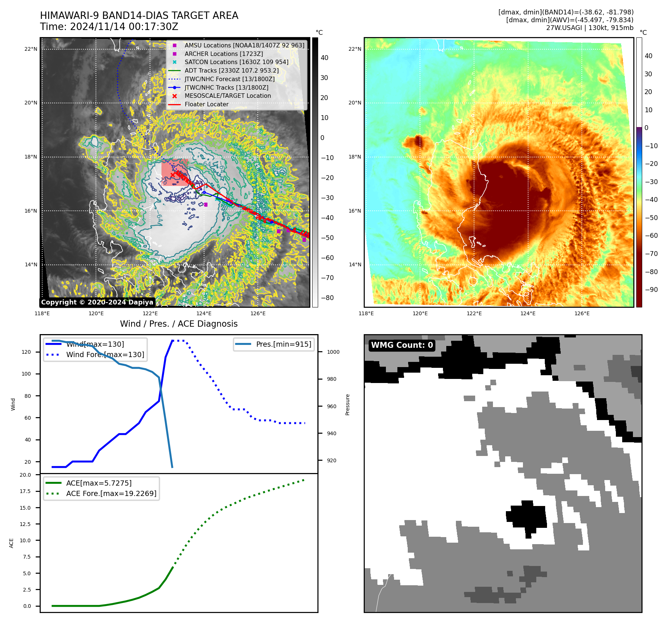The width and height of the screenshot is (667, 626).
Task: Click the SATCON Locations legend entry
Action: pyautogui.click(x=236, y=62)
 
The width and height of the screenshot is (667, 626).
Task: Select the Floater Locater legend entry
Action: pyautogui.click(x=206, y=104)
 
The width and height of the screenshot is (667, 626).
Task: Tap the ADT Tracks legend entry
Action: pyautogui.click(x=231, y=70)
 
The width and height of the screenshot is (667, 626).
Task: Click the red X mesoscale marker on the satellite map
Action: pyautogui.click(x=173, y=175)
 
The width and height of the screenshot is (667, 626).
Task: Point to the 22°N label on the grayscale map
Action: pyautogui.click(x=31, y=49)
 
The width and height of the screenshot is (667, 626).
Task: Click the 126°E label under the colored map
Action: pyautogui.click(x=582, y=313)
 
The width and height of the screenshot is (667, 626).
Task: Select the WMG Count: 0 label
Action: pyautogui.click(x=402, y=345)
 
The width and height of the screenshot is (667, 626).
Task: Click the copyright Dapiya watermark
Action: pyautogui.click(x=97, y=302)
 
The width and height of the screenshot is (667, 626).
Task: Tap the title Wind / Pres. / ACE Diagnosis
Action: pyautogui.click(x=179, y=324)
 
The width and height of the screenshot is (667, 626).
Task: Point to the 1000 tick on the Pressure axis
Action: pyautogui.click(x=333, y=352)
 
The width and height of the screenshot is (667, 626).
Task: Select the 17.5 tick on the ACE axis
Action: pyautogui.click(x=26, y=491)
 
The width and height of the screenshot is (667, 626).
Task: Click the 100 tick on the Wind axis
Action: pyautogui.click(x=26, y=374)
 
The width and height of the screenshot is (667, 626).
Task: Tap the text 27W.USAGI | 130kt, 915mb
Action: pyautogui.click(x=590, y=28)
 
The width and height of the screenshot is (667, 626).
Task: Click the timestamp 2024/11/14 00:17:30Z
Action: pyautogui.click(x=124, y=27)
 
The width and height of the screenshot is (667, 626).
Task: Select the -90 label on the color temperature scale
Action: pyautogui.click(x=651, y=290)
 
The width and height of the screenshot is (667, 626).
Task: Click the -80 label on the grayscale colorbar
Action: pyautogui.click(x=327, y=298)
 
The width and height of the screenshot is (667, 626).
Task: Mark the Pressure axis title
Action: pyautogui.click(x=347, y=404)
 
